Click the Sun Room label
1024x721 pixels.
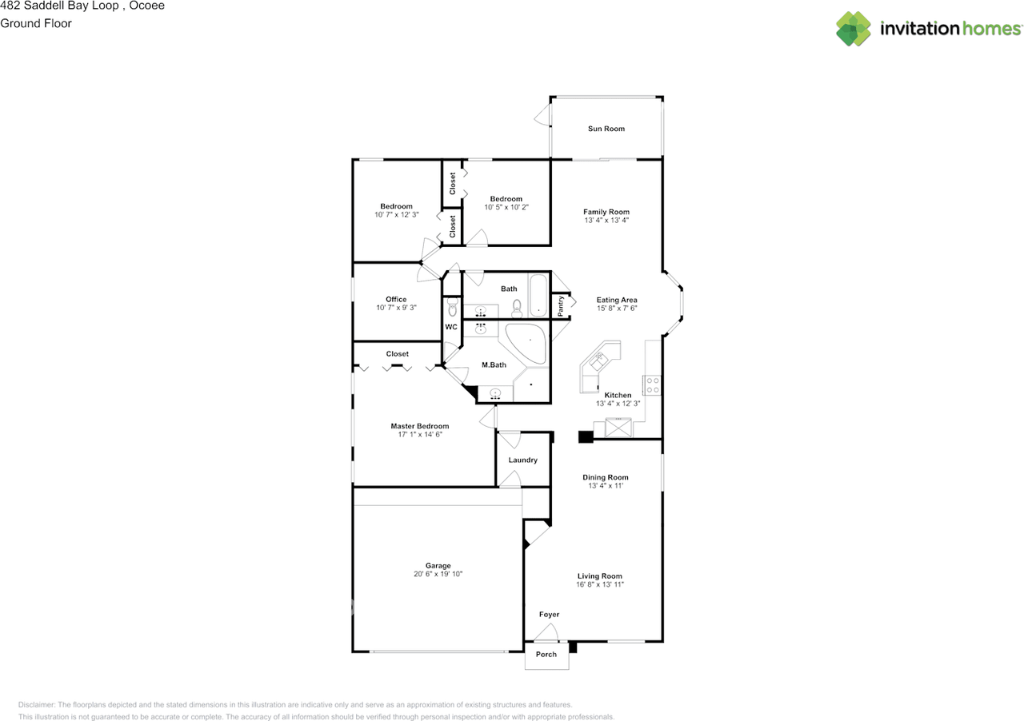tap(606, 129)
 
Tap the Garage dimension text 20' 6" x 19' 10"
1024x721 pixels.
tap(438, 574)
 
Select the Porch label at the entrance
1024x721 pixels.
tap(546, 655)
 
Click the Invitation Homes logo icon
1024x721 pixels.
tap(854, 29)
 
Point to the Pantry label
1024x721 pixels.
tap(562, 304)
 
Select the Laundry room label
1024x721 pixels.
tap(523, 460)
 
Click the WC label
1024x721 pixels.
tap(451, 327)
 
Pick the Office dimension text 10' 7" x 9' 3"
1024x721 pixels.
tap(396, 308)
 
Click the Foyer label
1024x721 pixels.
tap(549, 615)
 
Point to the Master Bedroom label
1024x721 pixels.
tap(419, 426)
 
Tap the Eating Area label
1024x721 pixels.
tap(617, 301)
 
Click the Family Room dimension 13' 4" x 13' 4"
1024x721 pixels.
tap(606, 221)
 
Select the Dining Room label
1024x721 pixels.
tap(606, 477)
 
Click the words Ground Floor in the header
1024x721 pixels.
tap(36, 23)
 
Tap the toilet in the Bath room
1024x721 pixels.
tap(517, 307)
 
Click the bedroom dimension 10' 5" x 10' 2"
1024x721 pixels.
tap(506, 207)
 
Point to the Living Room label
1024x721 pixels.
tap(600, 576)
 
